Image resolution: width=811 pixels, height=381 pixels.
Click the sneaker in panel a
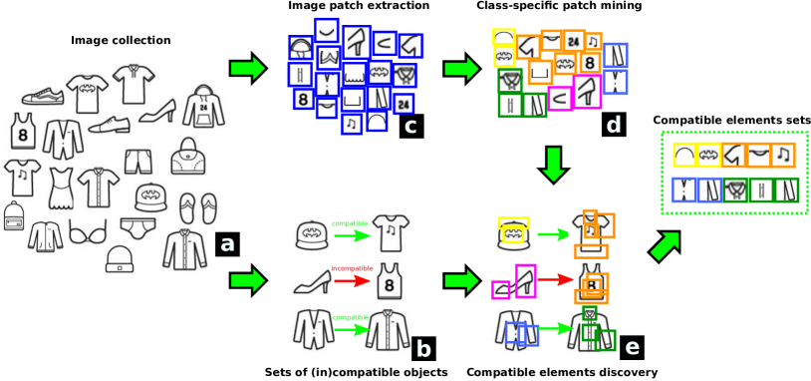tap(43, 96)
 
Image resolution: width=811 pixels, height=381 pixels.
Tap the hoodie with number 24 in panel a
tap(203, 106)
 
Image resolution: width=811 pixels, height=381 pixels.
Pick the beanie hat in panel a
tap(120, 260)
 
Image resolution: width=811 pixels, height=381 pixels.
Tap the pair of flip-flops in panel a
tap(196, 209)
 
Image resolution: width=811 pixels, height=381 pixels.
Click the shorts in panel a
tap(138, 158)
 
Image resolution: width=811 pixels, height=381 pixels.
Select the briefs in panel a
tap(137, 226)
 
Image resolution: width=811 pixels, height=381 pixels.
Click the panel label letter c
tap(410, 126)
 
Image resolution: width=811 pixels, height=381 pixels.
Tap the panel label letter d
tap(613, 125)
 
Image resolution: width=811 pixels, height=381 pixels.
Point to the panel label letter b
tap(423, 349)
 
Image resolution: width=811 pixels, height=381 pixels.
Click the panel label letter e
tap(632, 347)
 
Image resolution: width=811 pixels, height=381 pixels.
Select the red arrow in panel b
tap(352, 280)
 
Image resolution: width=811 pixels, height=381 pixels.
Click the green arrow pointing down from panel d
tap(554, 164)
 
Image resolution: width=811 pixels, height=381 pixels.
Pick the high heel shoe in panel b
tap(311, 282)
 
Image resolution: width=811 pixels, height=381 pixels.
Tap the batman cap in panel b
tap(311, 234)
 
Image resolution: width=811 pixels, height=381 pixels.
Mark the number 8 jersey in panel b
tap(390, 282)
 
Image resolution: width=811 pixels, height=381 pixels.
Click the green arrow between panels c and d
tap(461, 68)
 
